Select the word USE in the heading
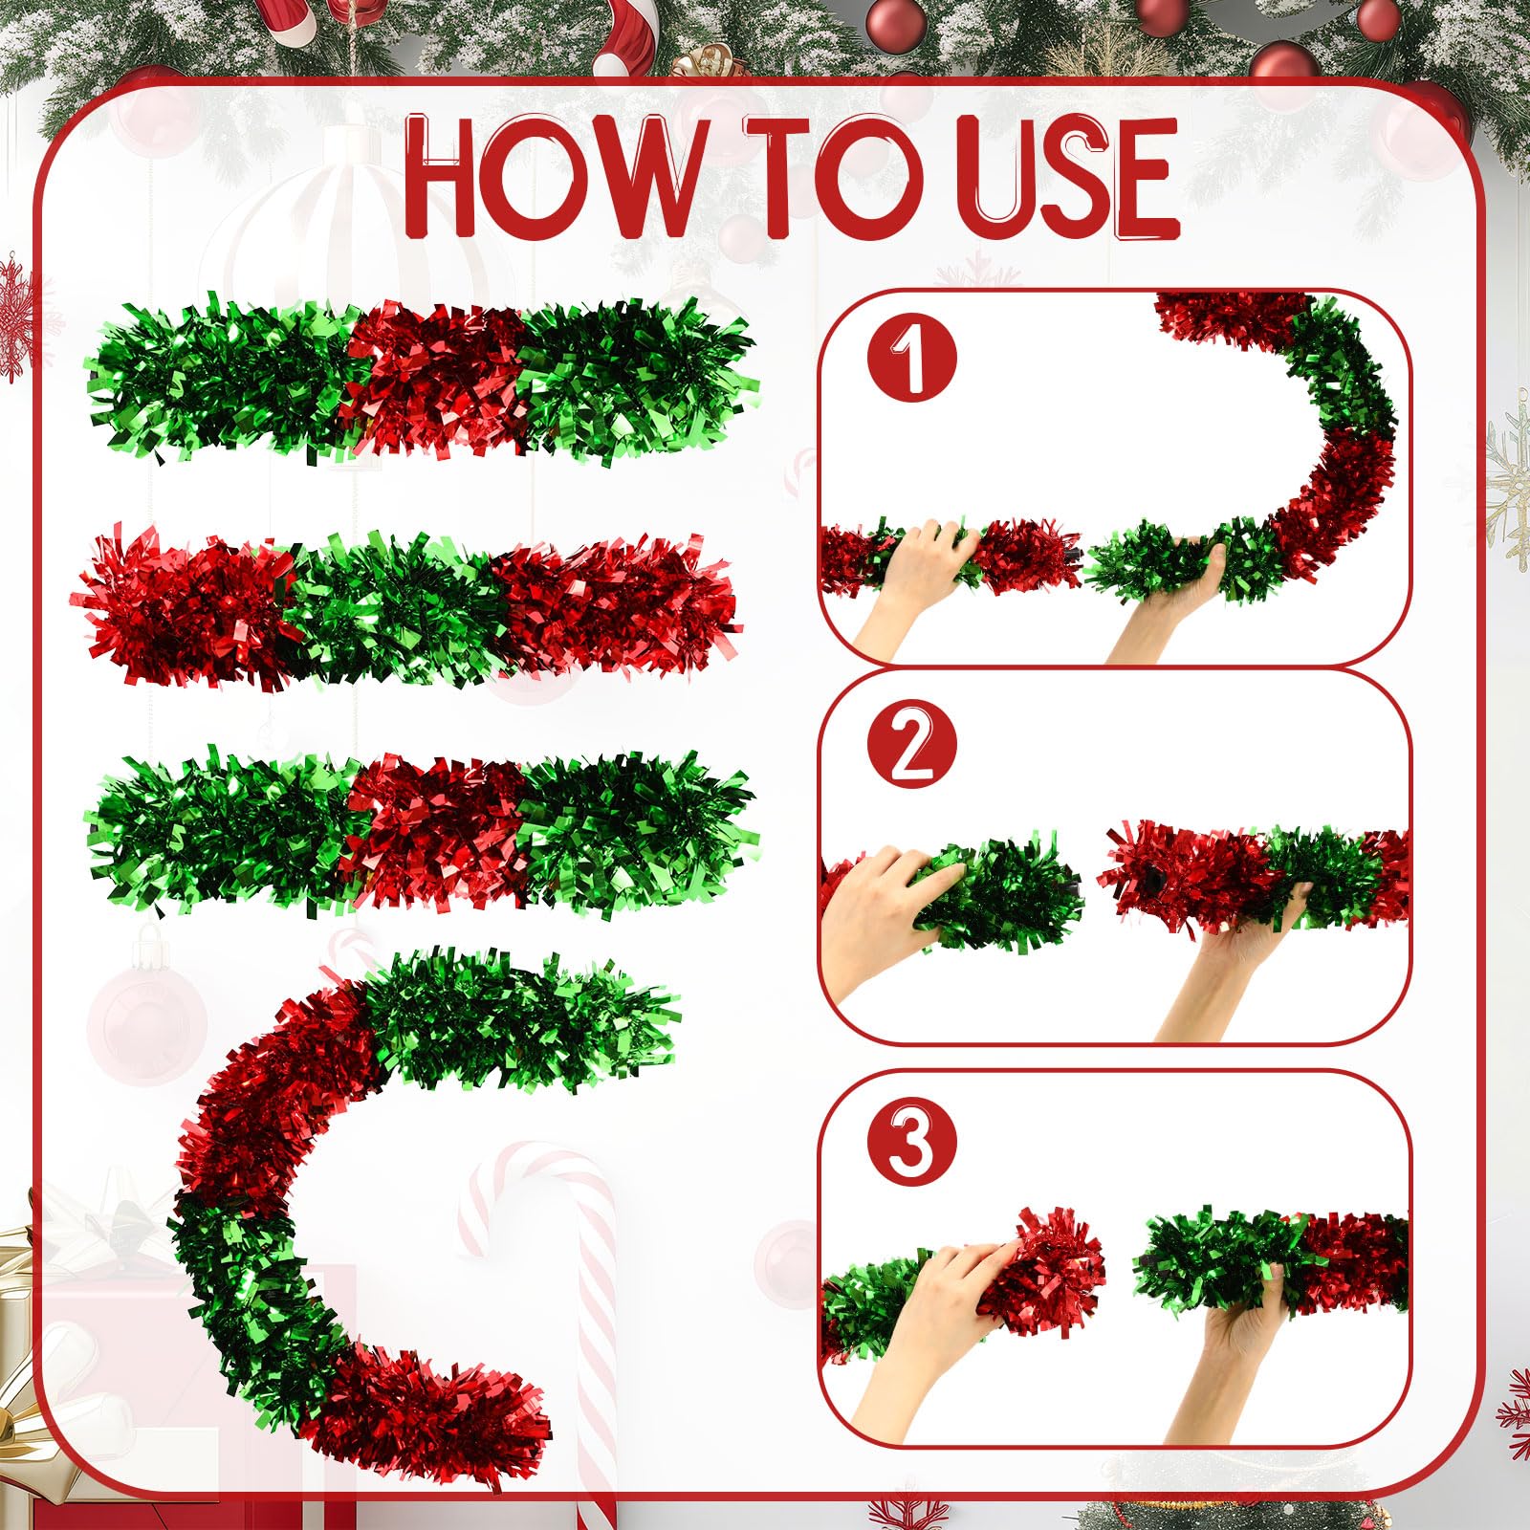coord(1070,178)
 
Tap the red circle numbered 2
coord(911,740)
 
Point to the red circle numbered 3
coord(911,1141)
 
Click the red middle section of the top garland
coord(435,378)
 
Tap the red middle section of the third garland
coord(435,832)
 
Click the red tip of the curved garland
coord(430,1406)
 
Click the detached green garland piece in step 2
coord(994,894)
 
